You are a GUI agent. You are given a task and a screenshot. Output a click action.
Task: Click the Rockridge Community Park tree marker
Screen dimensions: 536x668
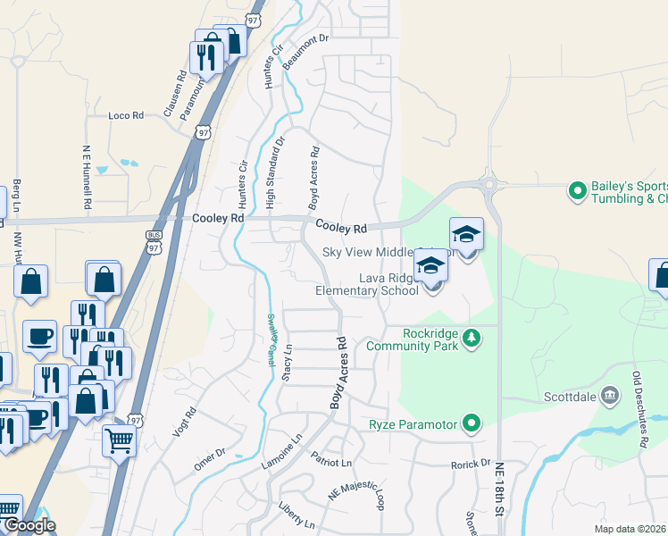[472, 338]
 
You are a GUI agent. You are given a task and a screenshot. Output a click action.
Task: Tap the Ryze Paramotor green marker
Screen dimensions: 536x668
[472, 423]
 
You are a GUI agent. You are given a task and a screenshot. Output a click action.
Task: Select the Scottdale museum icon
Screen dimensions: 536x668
[610, 395]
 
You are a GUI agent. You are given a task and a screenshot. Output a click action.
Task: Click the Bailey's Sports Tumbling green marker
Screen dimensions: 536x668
[578, 189]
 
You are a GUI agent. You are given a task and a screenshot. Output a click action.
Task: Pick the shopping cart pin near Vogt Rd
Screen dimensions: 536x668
[119, 440]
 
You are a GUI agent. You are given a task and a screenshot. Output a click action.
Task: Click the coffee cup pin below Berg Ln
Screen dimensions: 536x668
[39, 338]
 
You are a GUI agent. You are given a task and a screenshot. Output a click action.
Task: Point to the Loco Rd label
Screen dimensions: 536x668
[125, 115]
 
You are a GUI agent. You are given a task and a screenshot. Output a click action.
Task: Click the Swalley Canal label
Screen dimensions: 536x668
[271, 339]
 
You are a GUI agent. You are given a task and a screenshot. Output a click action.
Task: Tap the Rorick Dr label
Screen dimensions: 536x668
[471, 464]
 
